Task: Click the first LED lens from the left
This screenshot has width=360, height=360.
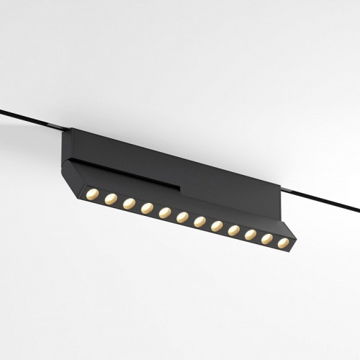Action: (x=92, y=194)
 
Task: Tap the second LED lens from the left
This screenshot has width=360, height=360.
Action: (x=110, y=199)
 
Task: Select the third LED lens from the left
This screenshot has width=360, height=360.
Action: (x=129, y=204)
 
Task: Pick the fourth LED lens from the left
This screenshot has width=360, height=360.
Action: (x=147, y=208)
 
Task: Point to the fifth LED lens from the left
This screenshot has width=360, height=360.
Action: (x=165, y=213)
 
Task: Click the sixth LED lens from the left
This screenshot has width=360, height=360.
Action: (x=182, y=217)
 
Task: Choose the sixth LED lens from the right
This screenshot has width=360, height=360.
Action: (x=199, y=222)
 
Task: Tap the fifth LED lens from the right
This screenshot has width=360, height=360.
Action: (x=217, y=226)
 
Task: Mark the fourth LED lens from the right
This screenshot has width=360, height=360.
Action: (x=233, y=230)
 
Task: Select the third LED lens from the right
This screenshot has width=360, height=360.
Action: (x=250, y=235)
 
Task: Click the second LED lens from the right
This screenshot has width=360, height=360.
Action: (x=266, y=239)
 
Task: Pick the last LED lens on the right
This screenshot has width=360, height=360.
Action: (x=283, y=243)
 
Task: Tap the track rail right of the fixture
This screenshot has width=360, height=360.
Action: (x=324, y=199)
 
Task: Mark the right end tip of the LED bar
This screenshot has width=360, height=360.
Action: (x=294, y=238)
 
